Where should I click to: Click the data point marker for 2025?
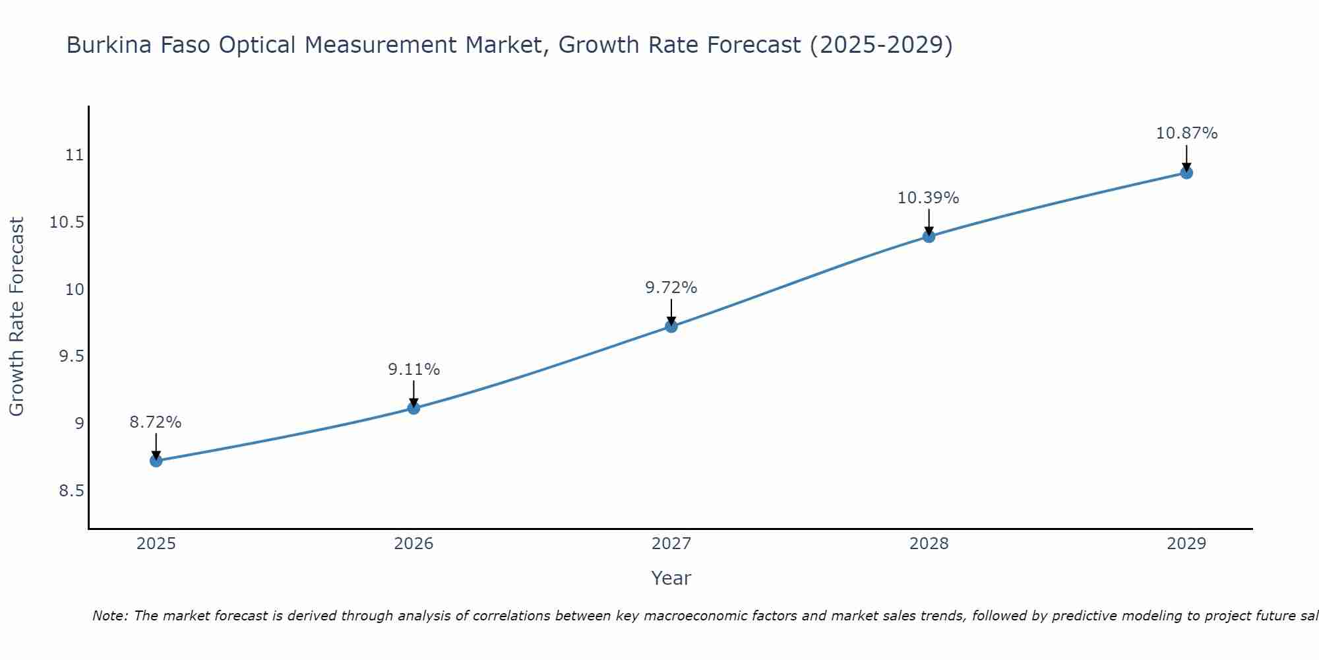[156, 461]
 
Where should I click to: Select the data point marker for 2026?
[414, 408]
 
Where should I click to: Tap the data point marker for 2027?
[671, 326]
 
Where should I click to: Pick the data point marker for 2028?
[929, 236]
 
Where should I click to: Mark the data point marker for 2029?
[1186, 173]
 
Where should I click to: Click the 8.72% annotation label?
[156, 422]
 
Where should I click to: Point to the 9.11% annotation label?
[414, 370]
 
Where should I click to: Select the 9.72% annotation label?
[671, 288]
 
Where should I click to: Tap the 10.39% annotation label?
[928, 198]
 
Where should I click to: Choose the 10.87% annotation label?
[1186, 133]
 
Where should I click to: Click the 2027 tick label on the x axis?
[671, 544]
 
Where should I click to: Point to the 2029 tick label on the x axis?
[1186, 544]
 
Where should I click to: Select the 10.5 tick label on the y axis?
[67, 222]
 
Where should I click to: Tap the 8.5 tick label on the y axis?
[72, 491]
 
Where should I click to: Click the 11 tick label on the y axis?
[75, 156]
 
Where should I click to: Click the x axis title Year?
[671, 578]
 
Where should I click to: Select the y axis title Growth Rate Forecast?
[17, 317]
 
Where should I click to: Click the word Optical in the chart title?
[257, 46]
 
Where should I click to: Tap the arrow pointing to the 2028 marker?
[929, 222]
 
